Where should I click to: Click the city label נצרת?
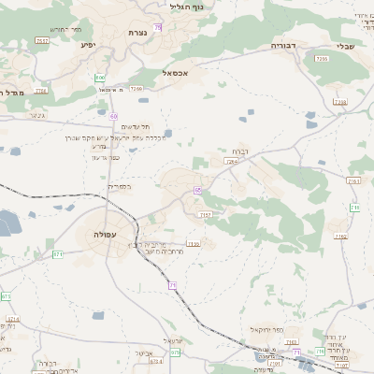pos(136,33)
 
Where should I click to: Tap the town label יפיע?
pos(88,44)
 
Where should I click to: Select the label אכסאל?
pos(175,73)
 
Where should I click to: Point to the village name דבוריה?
pos(282,44)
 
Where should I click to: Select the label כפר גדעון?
pos(104,156)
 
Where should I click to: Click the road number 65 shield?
pos(197,190)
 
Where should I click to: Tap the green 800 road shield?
pos(100,78)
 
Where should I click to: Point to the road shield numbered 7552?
pos(42,41)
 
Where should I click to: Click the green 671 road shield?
pos(58,253)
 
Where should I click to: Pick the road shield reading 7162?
pos(340,237)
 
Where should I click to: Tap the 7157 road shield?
pos(206,215)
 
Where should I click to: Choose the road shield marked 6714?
pos(12,319)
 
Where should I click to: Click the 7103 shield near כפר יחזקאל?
pos(292,342)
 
